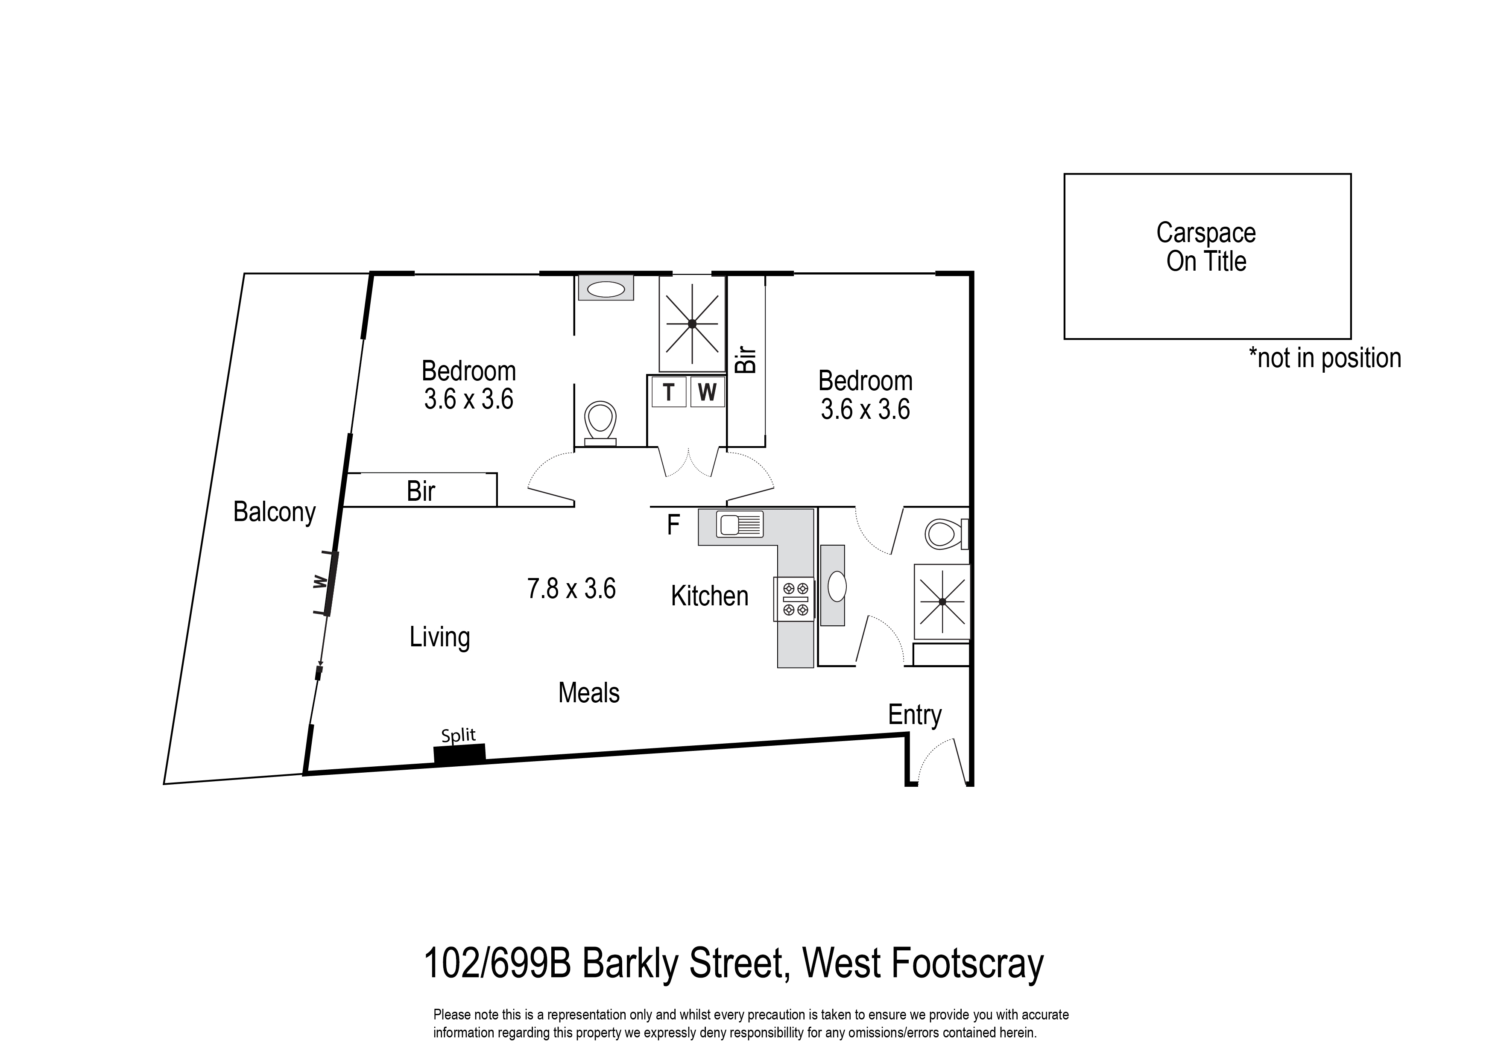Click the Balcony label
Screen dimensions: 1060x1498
tap(274, 512)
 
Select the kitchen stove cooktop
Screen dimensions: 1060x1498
tap(794, 599)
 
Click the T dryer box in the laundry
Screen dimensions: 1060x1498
tap(668, 392)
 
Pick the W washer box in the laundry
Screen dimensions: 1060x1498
tap(707, 392)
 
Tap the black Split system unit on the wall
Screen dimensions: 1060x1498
tap(459, 754)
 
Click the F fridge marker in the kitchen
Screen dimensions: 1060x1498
tap(673, 525)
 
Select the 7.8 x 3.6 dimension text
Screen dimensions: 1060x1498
tap(571, 589)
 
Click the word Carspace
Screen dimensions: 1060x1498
tap(1205, 233)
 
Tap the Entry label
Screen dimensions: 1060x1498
tap(914, 715)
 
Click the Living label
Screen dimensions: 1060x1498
tap(439, 637)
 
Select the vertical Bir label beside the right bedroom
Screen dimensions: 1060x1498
tap(746, 359)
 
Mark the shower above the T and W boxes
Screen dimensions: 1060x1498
tap(692, 323)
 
